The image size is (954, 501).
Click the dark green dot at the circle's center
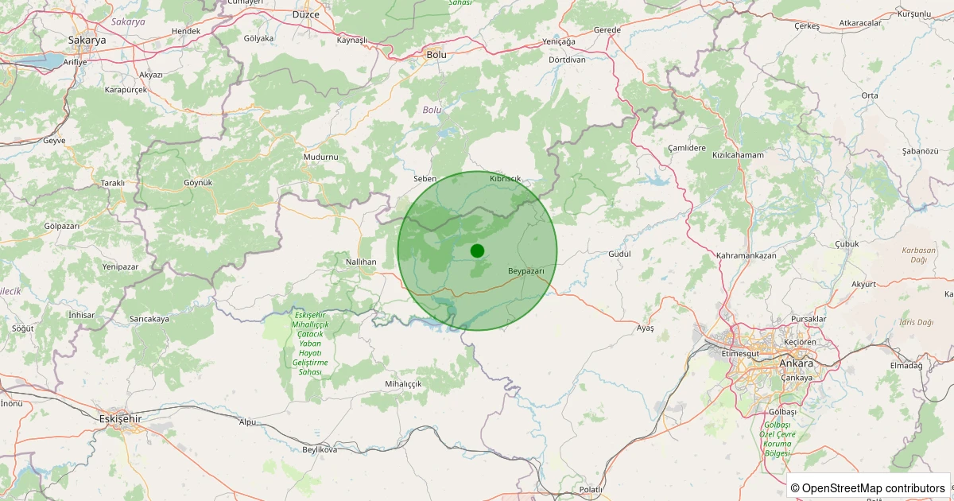pos(477,250)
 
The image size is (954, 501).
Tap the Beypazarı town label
pos(526,271)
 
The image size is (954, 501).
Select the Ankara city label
pos(796,363)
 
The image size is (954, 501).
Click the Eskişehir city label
pos(120,418)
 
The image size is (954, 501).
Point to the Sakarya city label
pos(87,40)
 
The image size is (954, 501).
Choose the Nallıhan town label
pos(361,262)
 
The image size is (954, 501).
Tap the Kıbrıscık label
pos(506,178)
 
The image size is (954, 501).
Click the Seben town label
pos(425,179)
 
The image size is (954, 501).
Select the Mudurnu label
pos(320,157)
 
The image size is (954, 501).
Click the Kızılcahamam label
pos(738,155)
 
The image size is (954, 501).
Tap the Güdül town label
pos(619,254)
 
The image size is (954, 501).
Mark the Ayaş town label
pos(646,328)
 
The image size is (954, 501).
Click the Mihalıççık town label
pos(403,383)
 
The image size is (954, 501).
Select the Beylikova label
pos(320,449)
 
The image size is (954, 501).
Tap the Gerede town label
pos(607,30)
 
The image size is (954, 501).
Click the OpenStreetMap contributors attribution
pos(867,487)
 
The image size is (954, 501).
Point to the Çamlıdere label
pos(687,148)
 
